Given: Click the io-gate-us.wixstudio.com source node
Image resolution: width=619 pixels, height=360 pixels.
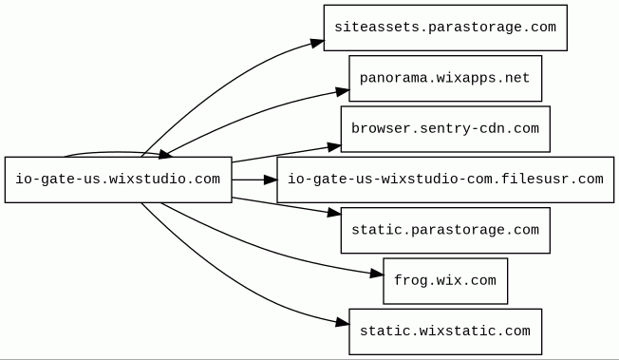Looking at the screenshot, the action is pos(118,180).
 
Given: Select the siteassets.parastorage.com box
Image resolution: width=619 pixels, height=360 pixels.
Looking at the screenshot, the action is pos(445,28).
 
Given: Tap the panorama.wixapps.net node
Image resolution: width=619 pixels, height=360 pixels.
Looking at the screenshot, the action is pos(445,78).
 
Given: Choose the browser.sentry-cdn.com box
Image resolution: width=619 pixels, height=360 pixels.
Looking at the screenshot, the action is pos(445,129).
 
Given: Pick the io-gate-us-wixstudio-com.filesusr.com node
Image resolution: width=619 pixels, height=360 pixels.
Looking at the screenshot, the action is pos(445,180).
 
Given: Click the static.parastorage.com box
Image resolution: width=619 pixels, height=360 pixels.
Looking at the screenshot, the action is pos(445,231).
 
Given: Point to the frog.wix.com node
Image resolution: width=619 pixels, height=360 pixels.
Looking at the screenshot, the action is pos(445,281).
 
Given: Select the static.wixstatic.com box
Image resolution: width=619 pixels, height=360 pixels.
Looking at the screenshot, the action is pos(445,332).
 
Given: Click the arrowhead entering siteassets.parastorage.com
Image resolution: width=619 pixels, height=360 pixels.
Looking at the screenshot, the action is pos(317,43).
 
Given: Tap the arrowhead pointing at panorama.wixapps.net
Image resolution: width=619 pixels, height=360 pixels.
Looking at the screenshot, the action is pos(343,92).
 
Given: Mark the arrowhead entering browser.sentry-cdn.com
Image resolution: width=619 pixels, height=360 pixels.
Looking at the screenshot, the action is pos(334,147).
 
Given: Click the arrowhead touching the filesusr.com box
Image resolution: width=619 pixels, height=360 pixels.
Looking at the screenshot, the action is pos(271,180).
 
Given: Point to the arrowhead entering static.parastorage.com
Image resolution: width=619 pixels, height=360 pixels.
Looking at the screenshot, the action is pos(334,213).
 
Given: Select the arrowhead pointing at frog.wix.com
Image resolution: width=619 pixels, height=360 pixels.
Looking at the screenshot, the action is pos(377,274).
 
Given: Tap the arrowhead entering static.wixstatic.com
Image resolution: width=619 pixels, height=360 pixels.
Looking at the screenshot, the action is pos(343,323).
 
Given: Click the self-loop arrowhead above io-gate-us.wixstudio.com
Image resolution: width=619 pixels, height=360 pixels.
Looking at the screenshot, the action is pos(165,155).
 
